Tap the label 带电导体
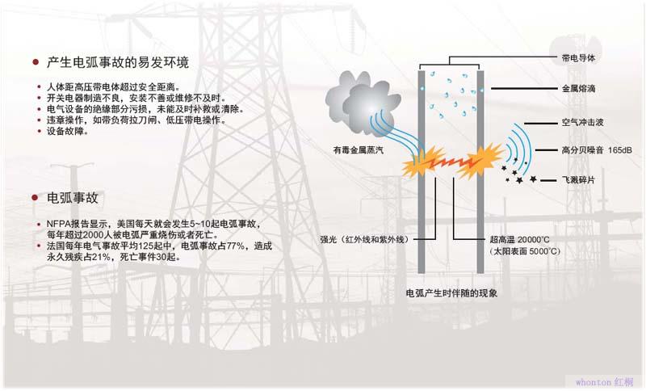point(577,58)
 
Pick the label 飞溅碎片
point(577,179)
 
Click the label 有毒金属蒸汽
point(359,150)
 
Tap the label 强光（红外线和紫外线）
point(367,240)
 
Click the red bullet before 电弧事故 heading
point(36,198)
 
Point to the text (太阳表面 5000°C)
point(525,252)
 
